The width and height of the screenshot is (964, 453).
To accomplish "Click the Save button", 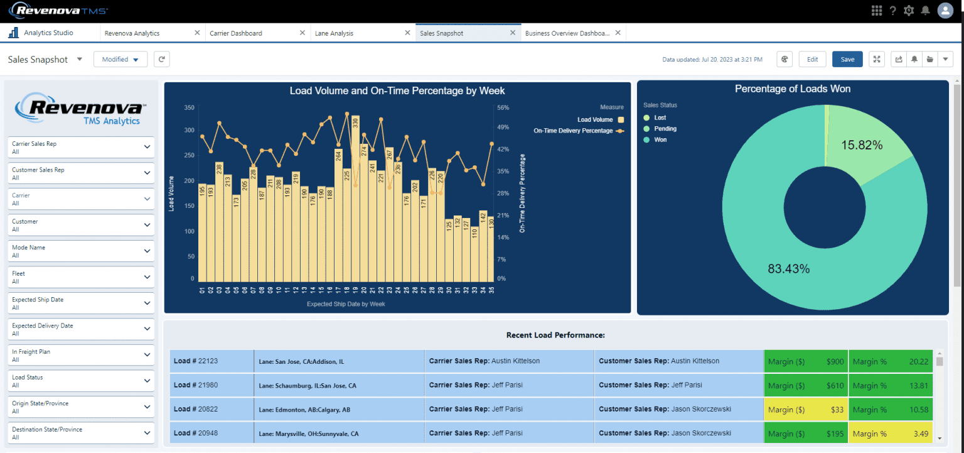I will (x=847, y=59).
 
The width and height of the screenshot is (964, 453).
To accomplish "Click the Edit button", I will (x=812, y=59).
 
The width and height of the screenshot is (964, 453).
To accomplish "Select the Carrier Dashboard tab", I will (x=236, y=33).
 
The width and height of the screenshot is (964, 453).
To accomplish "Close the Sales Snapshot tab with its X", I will (x=513, y=33).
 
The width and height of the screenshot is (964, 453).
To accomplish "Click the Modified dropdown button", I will (x=120, y=59).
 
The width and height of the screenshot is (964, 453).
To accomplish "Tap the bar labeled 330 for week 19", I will (x=355, y=201).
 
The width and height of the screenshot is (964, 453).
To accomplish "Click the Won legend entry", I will (x=660, y=139).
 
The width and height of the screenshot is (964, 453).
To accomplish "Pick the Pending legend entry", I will (x=665, y=129).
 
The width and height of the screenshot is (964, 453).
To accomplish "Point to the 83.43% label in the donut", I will (x=789, y=269).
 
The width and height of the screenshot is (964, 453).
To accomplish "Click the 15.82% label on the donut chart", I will (x=862, y=145).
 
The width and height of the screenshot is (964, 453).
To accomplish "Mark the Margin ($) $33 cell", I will (x=806, y=410).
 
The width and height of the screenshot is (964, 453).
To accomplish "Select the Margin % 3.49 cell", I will (x=891, y=434).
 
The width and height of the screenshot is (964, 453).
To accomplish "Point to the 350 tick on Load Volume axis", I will (x=189, y=107).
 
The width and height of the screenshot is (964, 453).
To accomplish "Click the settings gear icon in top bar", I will (x=909, y=10).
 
